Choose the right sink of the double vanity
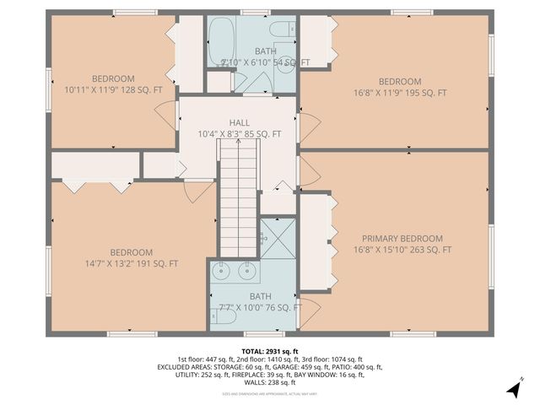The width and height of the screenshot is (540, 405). pyautogui.click(x=248, y=272)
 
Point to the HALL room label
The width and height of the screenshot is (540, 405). pyautogui.click(x=239, y=123)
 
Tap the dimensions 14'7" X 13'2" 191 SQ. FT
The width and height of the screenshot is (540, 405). pyautogui.click(x=131, y=264)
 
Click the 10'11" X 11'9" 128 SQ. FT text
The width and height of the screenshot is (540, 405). pyautogui.click(x=112, y=89)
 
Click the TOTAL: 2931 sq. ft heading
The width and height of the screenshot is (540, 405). pyautogui.click(x=270, y=350)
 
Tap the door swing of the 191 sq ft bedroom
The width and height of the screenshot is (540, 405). pyautogui.click(x=199, y=191)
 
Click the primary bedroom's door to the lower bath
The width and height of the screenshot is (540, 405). pyautogui.click(x=309, y=309)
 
